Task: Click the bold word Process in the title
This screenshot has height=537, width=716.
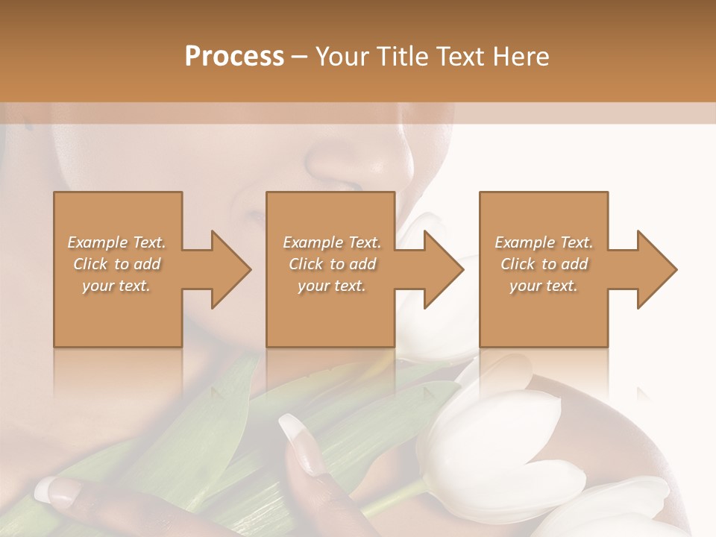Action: [x=234, y=56]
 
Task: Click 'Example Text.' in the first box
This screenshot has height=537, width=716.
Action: [x=116, y=242]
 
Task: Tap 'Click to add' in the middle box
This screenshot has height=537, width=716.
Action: [x=332, y=264]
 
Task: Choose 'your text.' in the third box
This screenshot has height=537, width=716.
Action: [x=544, y=286]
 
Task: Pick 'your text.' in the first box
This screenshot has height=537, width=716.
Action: [x=116, y=286]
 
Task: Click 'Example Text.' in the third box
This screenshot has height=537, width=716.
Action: [x=544, y=242]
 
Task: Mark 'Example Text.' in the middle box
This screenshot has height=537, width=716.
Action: [x=332, y=242]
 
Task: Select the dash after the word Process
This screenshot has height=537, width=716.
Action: [x=300, y=57]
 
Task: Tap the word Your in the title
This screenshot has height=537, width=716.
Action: [x=340, y=56]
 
